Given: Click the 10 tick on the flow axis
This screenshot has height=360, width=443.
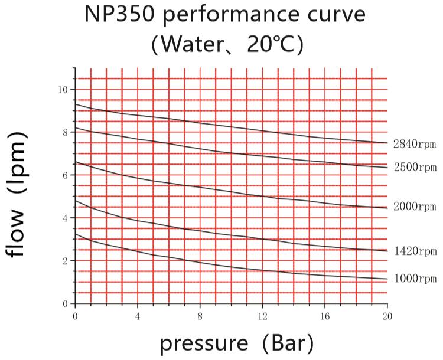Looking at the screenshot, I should tap(63, 90).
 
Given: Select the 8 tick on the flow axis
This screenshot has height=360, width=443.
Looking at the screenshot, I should tap(64, 132).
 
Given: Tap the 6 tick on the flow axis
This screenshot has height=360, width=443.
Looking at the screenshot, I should tap(64, 175).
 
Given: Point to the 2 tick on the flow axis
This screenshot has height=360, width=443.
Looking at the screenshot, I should tap(64, 261).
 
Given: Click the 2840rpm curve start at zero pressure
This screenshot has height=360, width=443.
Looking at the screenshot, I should tap(75, 104).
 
